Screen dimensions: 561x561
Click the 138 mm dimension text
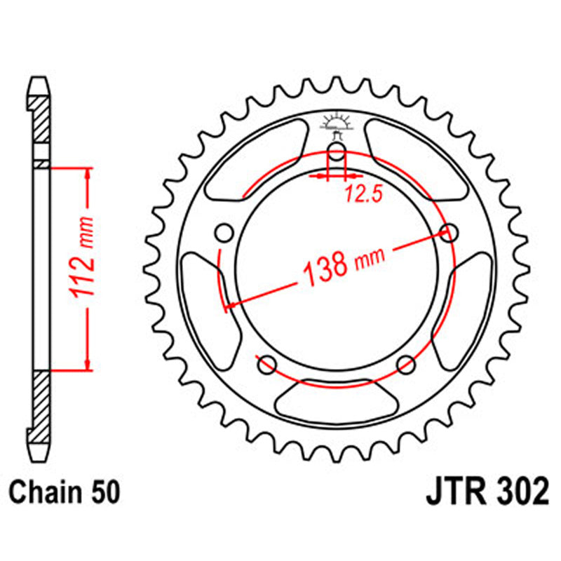click(x=342, y=266)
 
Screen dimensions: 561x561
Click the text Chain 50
click(x=65, y=492)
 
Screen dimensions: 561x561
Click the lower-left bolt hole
click(x=266, y=364)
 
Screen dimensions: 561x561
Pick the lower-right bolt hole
click(x=406, y=364)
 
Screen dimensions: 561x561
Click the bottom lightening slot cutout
click(x=337, y=400)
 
